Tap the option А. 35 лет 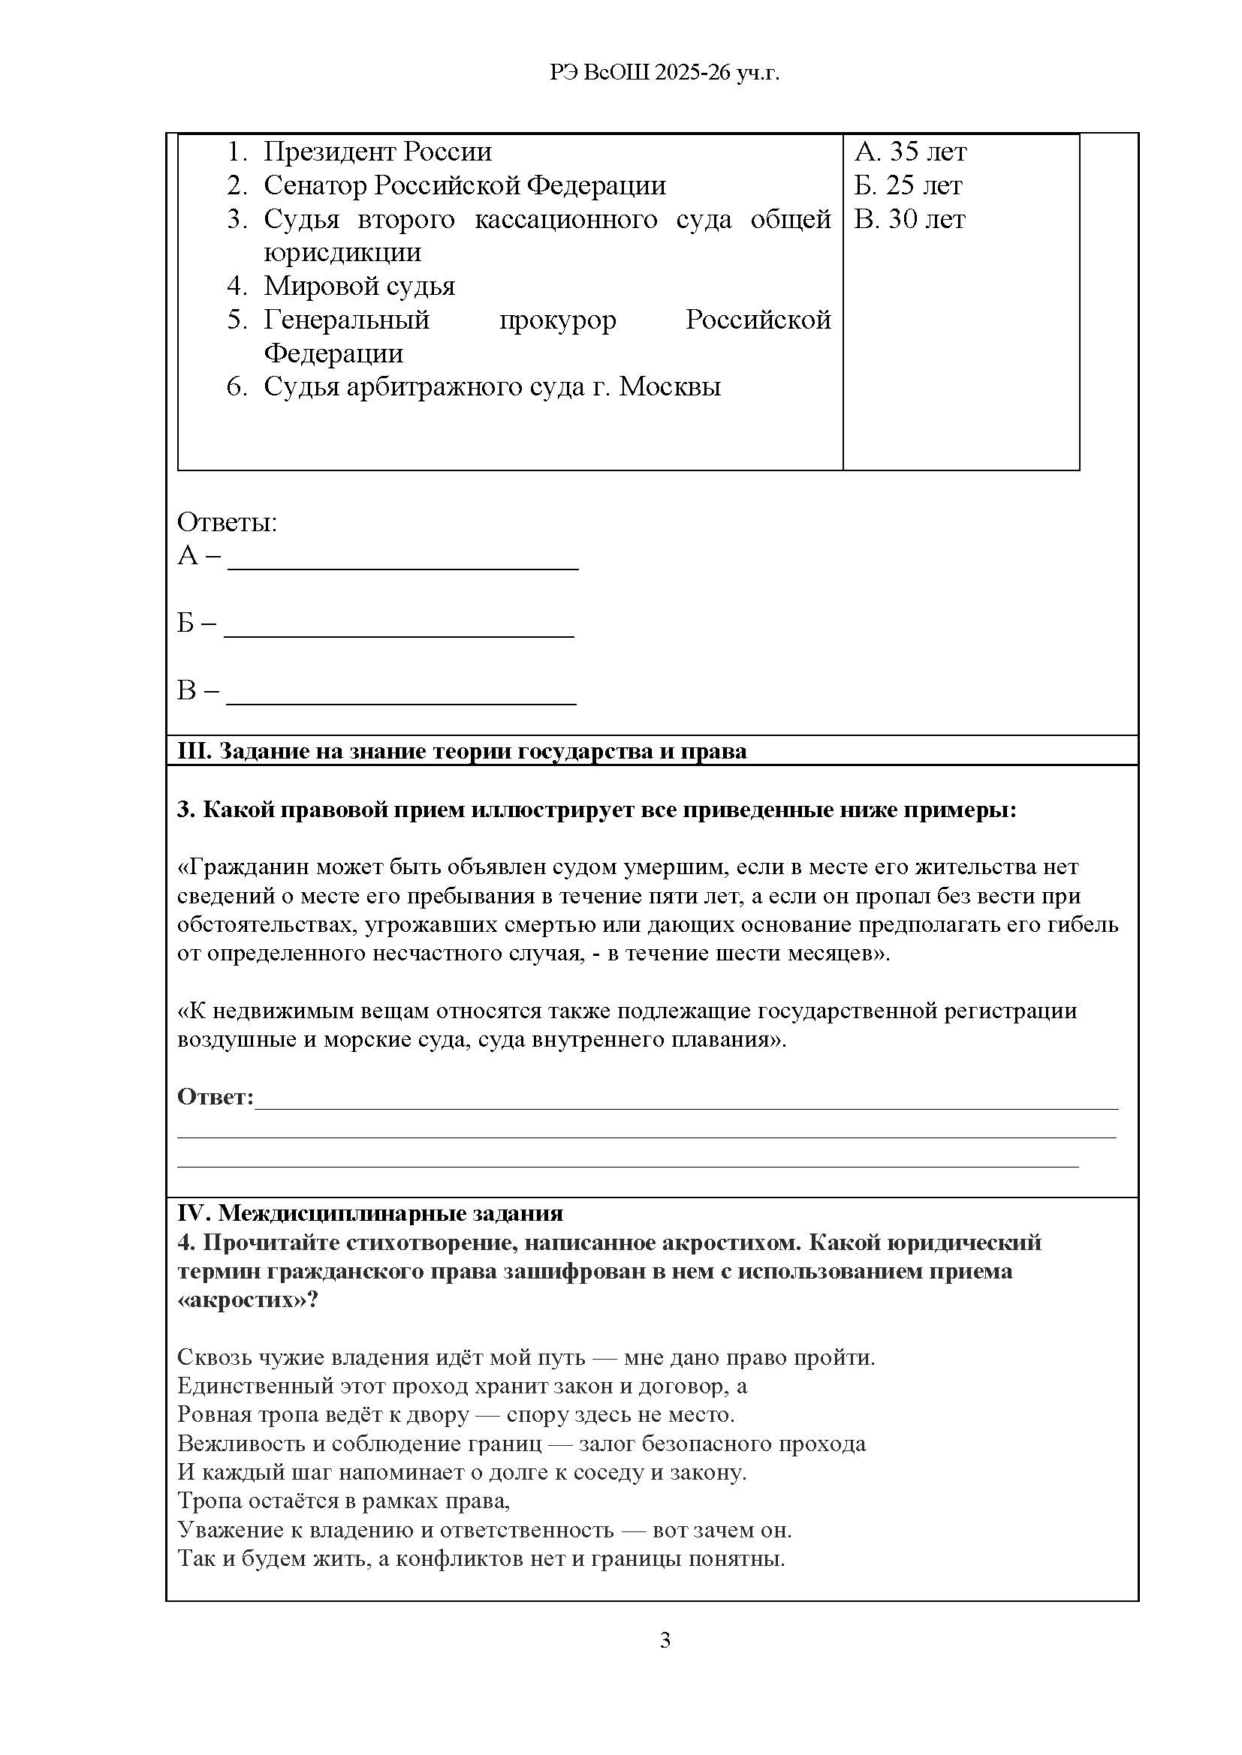click(910, 152)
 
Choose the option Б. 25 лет click(909, 185)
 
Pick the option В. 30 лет click(909, 219)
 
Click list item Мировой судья click(359, 286)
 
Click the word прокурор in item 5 click(557, 320)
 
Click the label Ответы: click(227, 523)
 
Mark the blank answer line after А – click(403, 566)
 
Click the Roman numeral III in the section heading click(194, 751)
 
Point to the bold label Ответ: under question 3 click(215, 1097)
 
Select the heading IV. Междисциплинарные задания click(370, 1213)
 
